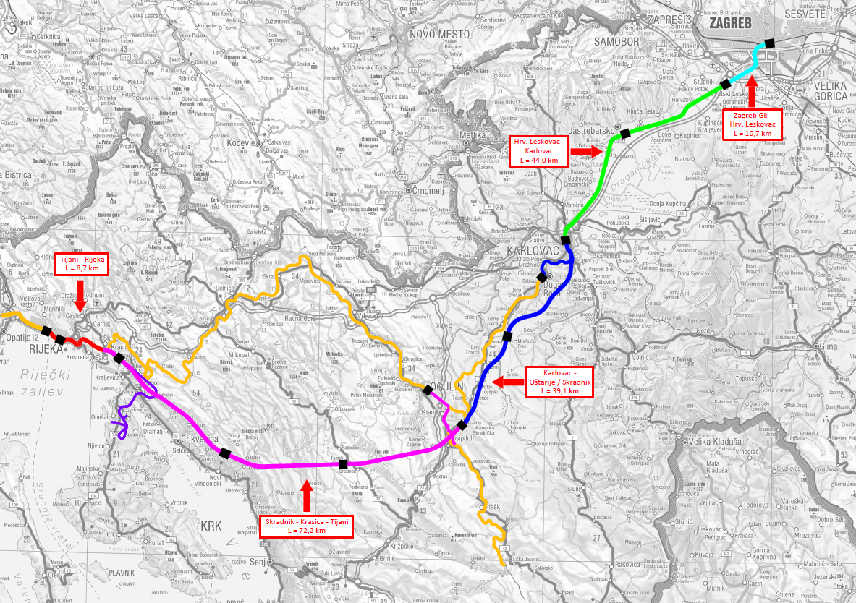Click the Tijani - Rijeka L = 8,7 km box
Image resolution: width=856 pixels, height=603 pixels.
coord(82,263)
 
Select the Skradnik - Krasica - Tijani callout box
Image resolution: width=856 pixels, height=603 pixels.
coord(306,526)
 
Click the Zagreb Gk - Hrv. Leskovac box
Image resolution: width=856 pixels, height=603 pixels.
coord(753,124)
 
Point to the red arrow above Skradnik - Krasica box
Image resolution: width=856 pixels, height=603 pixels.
coord(306,495)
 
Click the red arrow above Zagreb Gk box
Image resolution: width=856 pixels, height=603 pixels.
coord(752,91)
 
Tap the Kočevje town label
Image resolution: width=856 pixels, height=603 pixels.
coord(253,144)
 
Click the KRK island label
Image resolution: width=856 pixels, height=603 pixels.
coord(211,526)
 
